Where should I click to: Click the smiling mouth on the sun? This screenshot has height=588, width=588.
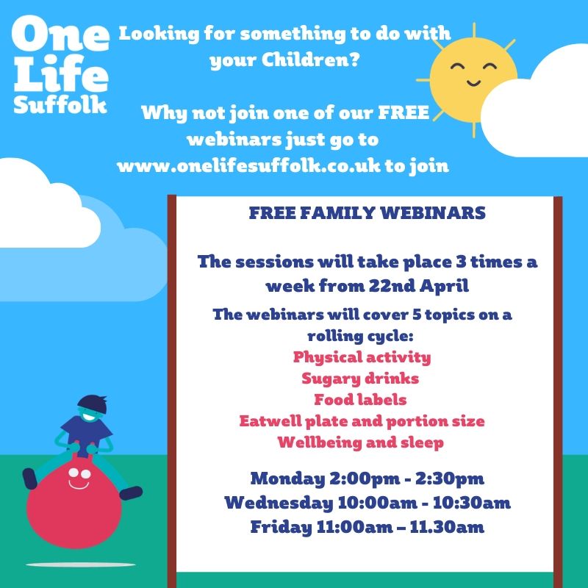tap(473, 82)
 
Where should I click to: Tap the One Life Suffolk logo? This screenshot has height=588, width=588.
tap(61, 65)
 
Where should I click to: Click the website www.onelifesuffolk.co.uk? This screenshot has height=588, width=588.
tap(248, 166)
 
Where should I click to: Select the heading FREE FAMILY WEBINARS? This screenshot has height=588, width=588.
tap(367, 213)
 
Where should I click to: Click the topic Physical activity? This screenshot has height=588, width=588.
tap(362, 357)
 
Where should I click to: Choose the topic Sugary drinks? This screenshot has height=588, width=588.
tap(360, 379)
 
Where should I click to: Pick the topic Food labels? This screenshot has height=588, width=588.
tap(360, 400)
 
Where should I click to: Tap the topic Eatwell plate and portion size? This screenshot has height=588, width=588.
tap(362, 421)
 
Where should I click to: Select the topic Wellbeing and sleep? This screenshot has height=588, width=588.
tap(360, 442)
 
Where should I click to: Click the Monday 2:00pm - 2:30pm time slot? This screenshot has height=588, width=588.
tap(367, 479)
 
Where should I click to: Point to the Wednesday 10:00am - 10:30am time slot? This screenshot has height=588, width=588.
tap(367, 503)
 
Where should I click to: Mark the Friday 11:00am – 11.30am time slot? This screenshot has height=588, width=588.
tap(367, 527)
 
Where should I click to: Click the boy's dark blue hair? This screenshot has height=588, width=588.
tap(93, 404)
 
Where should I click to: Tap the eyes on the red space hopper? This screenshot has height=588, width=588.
tap(79, 473)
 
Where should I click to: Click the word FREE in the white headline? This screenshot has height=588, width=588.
tap(404, 112)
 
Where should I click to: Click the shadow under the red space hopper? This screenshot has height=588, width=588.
tap(81, 564)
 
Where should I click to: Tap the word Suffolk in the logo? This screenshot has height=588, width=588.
tap(60, 104)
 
